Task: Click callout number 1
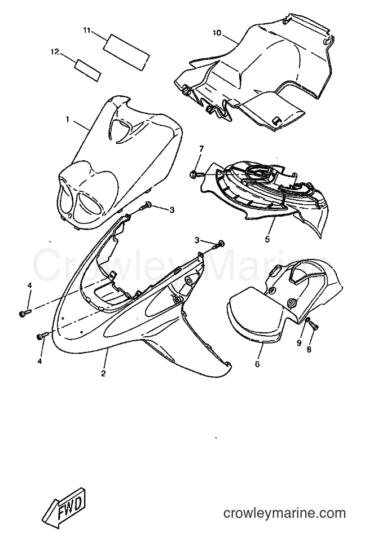pyautogui.click(x=68, y=120)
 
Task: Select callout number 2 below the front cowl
pyautogui.click(x=103, y=373)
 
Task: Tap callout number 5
pyautogui.click(x=267, y=239)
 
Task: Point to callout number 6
pyautogui.click(x=257, y=364)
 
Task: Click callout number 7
pyautogui.click(x=201, y=149)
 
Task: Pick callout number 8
pyautogui.click(x=309, y=350)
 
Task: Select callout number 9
pyautogui.click(x=299, y=343)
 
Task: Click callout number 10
pyautogui.click(x=217, y=33)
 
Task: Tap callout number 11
pyautogui.click(x=86, y=30)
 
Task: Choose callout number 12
pyautogui.click(x=55, y=52)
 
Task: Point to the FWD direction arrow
pyautogui.click(x=66, y=506)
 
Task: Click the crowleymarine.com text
pyautogui.click(x=284, y=513)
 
